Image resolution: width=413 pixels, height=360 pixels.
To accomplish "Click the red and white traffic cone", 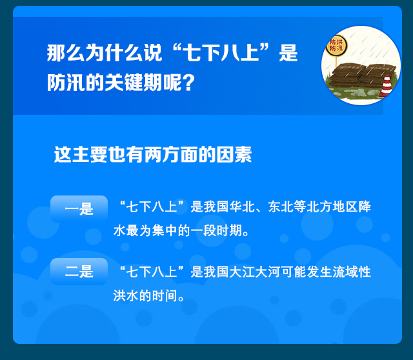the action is click(386, 86).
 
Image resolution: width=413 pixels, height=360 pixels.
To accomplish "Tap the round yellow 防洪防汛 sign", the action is click(336, 46).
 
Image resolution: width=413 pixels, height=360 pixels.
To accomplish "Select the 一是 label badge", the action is click(79, 209).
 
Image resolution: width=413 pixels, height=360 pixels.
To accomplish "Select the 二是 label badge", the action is click(79, 272).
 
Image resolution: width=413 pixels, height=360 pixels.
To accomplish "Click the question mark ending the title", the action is click(188, 83).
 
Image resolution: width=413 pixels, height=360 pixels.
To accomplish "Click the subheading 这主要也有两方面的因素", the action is click(153, 154).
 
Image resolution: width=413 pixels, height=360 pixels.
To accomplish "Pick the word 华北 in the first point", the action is click(242, 206).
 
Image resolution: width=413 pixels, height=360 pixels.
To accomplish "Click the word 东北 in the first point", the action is click(281, 206).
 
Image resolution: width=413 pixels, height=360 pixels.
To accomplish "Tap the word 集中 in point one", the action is click(165, 231).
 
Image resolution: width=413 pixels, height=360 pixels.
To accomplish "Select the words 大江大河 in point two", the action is click(255, 272).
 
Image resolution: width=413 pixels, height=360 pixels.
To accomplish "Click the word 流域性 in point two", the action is click(352, 272).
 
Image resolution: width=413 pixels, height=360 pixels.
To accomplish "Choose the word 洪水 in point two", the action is click(126, 295).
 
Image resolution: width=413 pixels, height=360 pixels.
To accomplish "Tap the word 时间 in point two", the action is click(165, 295).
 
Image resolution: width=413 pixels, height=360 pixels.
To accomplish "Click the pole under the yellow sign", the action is click(336, 62).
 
